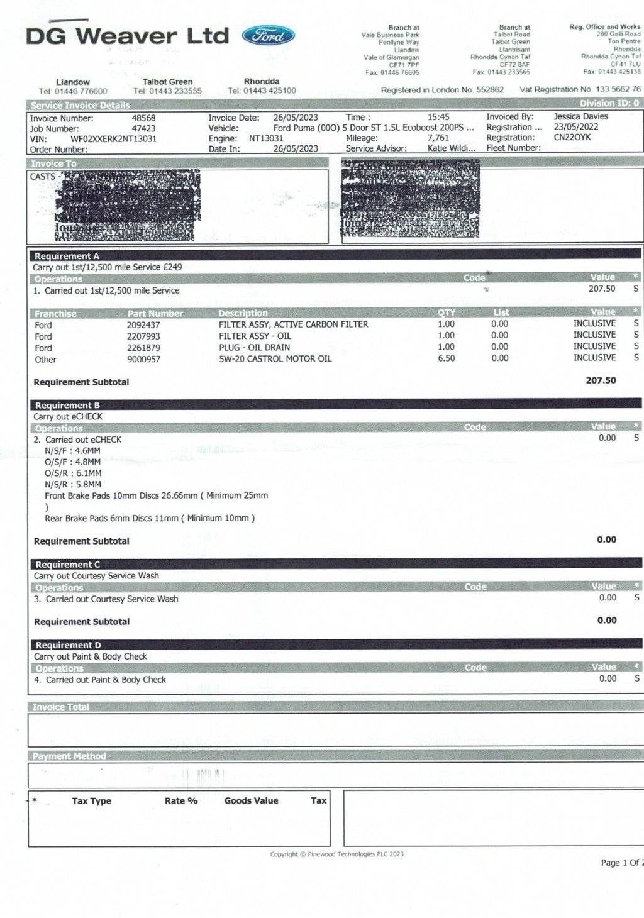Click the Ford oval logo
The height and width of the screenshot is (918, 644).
(268, 35)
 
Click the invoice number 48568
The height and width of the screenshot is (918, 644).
(143, 118)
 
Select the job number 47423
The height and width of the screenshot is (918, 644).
(143, 128)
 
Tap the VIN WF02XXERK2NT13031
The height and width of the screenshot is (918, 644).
(113, 138)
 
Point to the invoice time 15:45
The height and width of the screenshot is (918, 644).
(438, 117)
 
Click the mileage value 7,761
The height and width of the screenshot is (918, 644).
(438, 138)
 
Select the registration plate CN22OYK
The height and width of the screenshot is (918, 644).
(572, 137)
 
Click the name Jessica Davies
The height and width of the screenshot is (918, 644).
(580, 116)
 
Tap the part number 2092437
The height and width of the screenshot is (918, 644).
(143, 325)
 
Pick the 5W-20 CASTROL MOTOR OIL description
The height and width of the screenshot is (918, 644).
(275, 359)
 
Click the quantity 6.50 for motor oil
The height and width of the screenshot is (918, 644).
(446, 358)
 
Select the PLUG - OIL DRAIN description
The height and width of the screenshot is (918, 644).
(254, 348)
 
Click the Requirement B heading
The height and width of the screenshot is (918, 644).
(67, 406)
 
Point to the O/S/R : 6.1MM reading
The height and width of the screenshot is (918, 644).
(73, 473)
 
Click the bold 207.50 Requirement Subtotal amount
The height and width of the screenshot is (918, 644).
(601, 380)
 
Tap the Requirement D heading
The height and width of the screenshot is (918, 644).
(68, 645)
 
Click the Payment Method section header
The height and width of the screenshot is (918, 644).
(69, 756)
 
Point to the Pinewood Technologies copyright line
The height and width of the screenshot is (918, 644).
(337, 854)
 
